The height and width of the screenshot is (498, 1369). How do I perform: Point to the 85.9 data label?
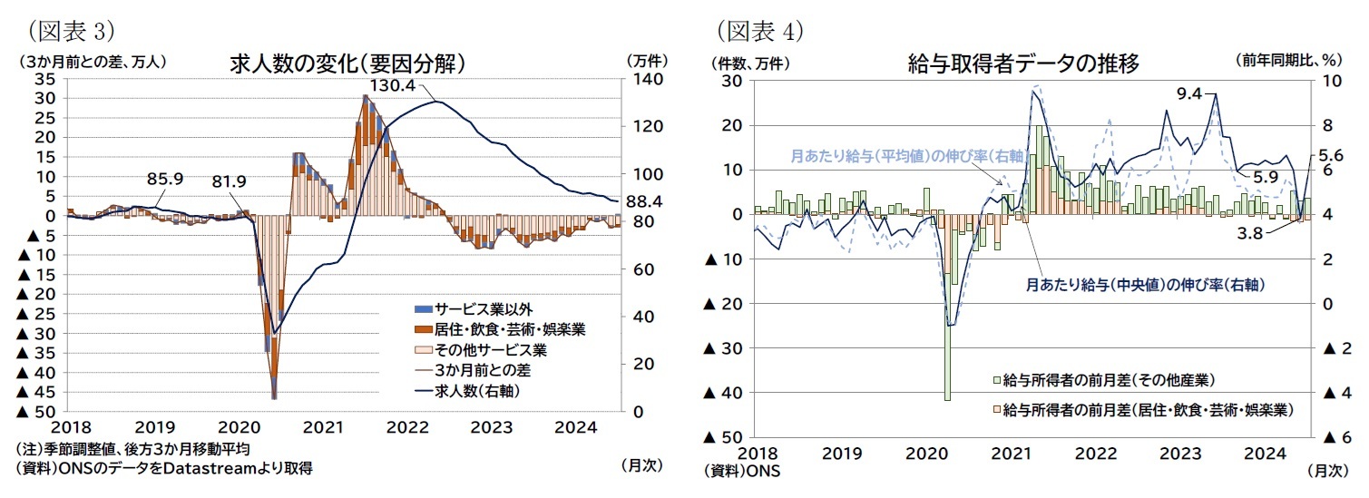click(x=166, y=179)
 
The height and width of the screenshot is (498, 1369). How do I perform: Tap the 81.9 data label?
click(x=229, y=181)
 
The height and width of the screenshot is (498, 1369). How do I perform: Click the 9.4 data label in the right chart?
click(x=1189, y=93)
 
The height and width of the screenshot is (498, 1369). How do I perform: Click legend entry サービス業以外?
click(x=476, y=309)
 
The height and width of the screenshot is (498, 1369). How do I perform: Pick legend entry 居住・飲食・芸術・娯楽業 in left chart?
click(x=509, y=329)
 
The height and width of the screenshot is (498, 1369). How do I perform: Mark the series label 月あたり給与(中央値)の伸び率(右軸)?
click(x=1145, y=284)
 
